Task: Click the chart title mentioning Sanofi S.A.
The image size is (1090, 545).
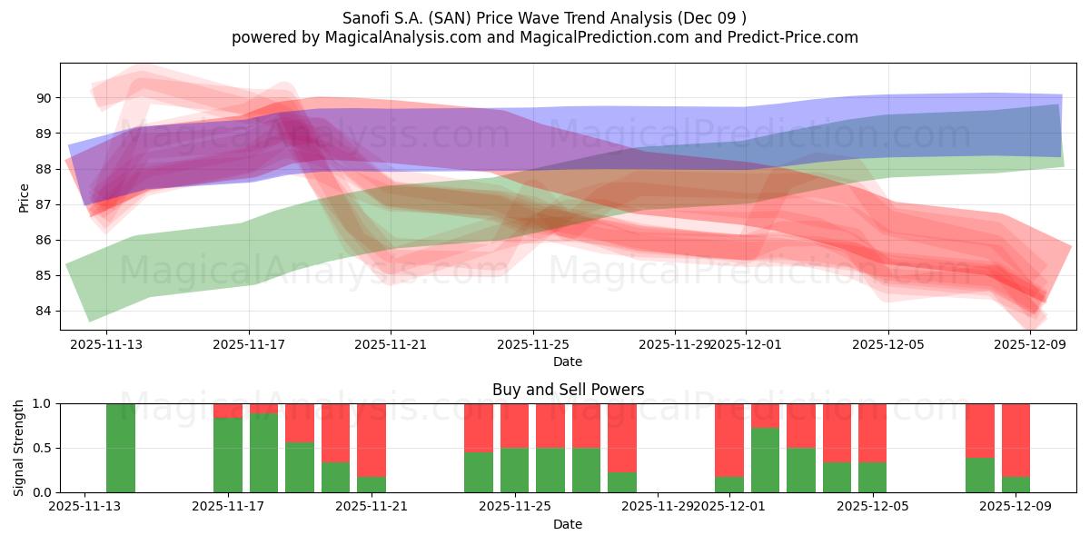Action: (x=545, y=18)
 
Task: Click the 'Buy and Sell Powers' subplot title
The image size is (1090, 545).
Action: (x=568, y=390)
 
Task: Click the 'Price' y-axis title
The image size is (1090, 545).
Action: (x=25, y=197)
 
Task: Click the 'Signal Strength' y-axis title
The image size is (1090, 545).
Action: (x=19, y=448)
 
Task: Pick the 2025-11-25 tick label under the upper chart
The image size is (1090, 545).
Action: (x=532, y=344)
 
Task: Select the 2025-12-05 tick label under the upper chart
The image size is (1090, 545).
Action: (x=887, y=344)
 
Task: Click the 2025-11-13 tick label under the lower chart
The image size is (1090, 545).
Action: (x=84, y=507)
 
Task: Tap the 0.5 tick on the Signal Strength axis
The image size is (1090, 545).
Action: (x=44, y=448)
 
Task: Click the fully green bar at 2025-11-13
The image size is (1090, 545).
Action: (x=121, y=448)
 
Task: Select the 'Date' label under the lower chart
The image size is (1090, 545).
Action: (x=568, y=524)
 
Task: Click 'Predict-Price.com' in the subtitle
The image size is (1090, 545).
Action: (x=795, y=37)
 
